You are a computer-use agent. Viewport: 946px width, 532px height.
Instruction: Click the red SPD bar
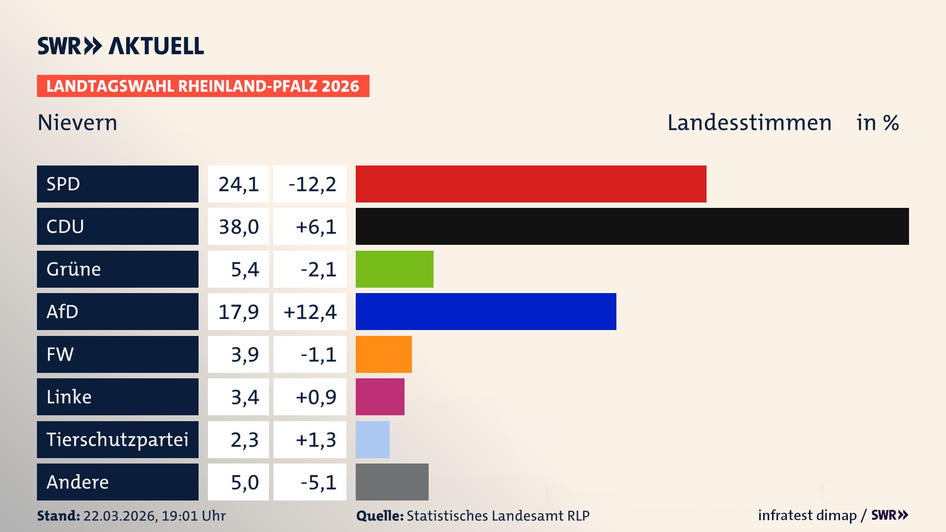[x=531, y=184]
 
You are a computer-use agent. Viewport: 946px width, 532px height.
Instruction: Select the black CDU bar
[x=632, y=226]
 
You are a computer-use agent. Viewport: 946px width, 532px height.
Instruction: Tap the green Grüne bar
[x=394, y=269]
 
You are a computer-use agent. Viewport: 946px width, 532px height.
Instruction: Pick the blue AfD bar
[x=486, y=311]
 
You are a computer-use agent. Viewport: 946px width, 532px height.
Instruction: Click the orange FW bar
[x=383, y=354]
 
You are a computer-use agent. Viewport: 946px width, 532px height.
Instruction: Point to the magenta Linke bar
[x=380, y=397]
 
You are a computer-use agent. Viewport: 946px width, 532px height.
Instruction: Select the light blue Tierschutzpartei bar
[x=372, y=439]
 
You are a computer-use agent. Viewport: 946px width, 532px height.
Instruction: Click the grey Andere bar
[x=392, y=482]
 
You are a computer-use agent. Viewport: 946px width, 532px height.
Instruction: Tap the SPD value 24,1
[x=238, y=184]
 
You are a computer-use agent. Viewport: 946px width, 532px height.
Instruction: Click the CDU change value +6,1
[x=315, y=227]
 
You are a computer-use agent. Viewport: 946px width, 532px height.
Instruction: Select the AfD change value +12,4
[x=310, y=312]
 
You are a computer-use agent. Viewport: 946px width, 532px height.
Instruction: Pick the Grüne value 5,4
[x=244, y=269]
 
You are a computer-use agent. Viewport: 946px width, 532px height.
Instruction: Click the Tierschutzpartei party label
[x=117, y=439]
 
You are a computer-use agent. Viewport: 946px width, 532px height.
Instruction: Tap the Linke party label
[x=69, y=397]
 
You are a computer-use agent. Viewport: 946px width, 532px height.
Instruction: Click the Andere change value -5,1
[x=318, y=482]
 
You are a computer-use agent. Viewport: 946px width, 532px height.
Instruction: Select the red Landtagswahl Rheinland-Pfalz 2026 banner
[x=203, y=86]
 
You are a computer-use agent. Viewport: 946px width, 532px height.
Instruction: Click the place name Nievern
[x=77, y=122]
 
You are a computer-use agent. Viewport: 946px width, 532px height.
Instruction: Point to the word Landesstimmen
[x=749, y=122]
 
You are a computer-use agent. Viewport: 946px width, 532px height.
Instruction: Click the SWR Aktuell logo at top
[x=120, y=46]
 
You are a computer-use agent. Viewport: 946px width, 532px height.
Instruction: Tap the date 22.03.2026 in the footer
[x=119, y=516]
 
